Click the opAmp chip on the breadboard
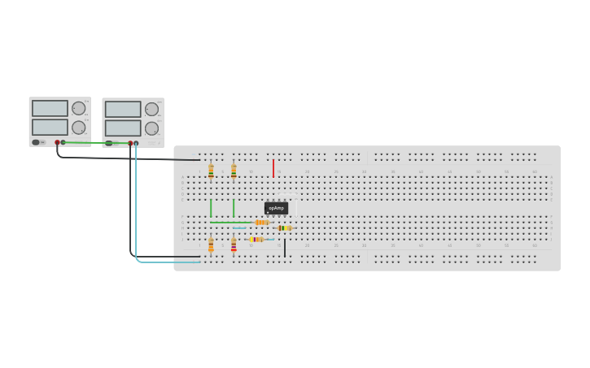pyautogui.click(x=276, y=208)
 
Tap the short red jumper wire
pyautogui.click(x=273, y=168)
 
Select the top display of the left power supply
pyautogui.click(x=50, y=108)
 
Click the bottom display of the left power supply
pyautogui.click(x=50, y=127)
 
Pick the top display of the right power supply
pyautogui.click(x=123, y=109)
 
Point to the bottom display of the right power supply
pyautogui.click(x=123, y=128)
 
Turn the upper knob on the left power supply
pyautogui.click(x=78, y=108)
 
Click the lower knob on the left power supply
pyautogui.click(x=78, y=128)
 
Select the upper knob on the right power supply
pyautogui.click(x=151, y=109)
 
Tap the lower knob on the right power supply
pyautogui.click(x=151, y=128)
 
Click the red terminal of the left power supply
pyautogui.click(x=57, y=143)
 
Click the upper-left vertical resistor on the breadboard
pyautogui.click(x=211, y=171)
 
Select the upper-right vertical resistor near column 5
pyautogui.click(x=234, y=171)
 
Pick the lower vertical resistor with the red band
pyautogui.click(x=234, y=245)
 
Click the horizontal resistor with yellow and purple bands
pyautogui.click(x=256, y=240)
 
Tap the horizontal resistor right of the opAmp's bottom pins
pyautogui.click(x=285, y=228)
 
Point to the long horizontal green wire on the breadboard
pyautogui.click(x=232, y=223)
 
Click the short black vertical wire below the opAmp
pyautogui.click(x=285, y=248)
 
